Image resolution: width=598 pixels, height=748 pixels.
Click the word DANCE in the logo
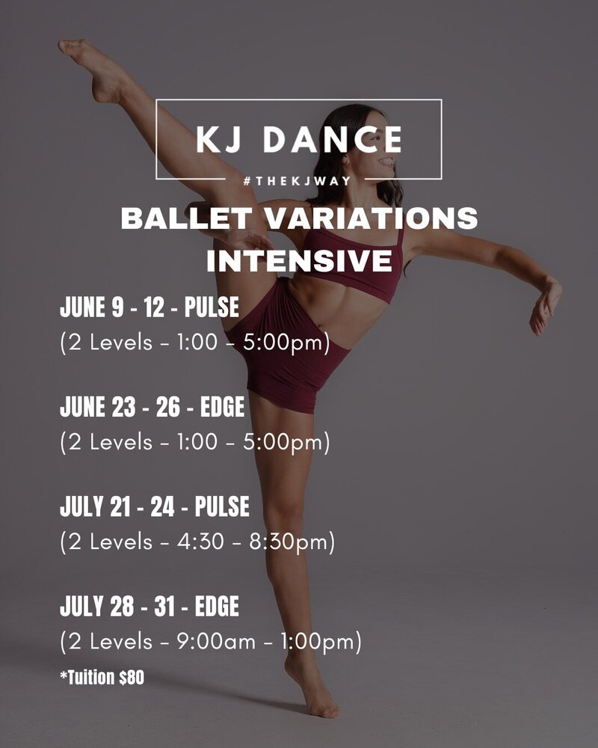coord(333,139)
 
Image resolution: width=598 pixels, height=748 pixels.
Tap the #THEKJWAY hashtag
coord(297,181)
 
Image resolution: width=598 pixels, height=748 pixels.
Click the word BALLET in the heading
coord(186,218)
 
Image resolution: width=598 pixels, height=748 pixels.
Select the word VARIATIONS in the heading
coord(371,218)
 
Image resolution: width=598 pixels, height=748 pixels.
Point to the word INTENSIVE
coord(300,260)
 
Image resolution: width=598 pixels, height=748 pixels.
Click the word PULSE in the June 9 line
coord(212,307)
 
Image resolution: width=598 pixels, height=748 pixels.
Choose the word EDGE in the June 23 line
coord(222,407)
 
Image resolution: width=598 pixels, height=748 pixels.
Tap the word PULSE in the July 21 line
coord(222,506)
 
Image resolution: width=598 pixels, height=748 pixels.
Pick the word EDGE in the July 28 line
coord(217,607)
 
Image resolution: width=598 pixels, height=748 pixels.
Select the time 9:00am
coord(216,642)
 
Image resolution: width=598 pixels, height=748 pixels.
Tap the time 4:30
coord(200,542)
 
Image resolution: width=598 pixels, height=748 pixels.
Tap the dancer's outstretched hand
coord(546,305)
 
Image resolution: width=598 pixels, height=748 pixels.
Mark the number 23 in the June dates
coord(123,407)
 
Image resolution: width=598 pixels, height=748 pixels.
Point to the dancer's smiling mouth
coord(387,163)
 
